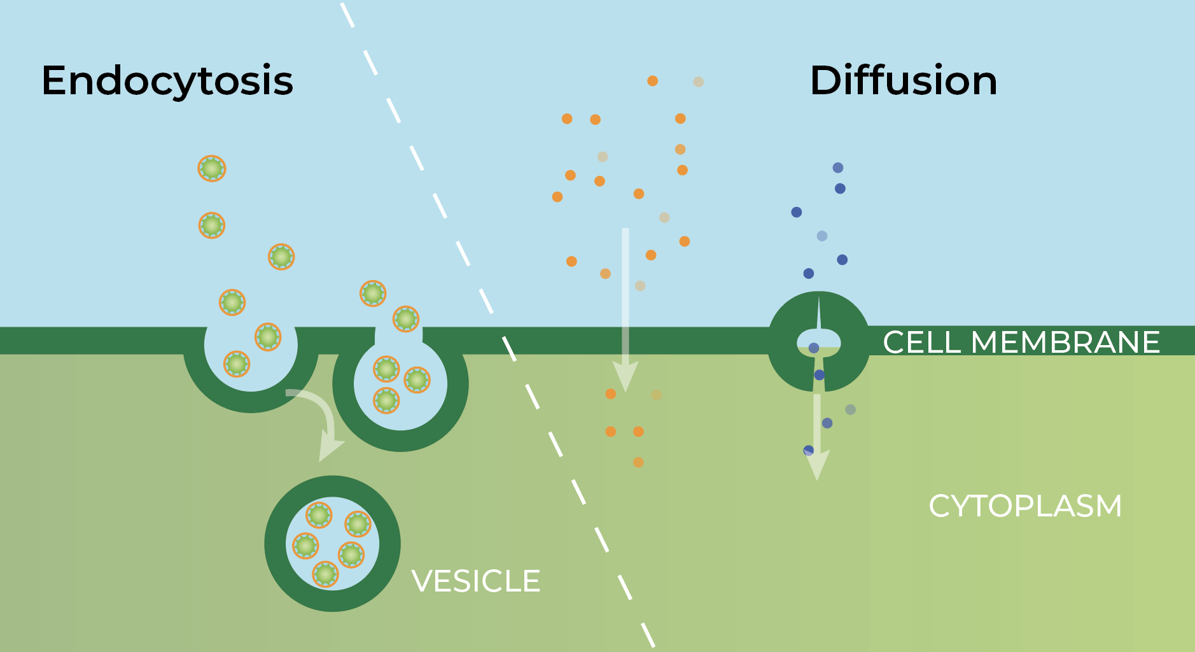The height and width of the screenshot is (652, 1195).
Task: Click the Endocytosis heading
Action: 167,81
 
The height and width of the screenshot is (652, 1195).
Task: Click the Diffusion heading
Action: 903,81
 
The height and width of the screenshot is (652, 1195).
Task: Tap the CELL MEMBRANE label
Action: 1021,342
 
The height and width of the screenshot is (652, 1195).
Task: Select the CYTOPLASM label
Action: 1024,506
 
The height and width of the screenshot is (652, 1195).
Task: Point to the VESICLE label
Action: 476,581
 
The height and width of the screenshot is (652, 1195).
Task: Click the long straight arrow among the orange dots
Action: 625,306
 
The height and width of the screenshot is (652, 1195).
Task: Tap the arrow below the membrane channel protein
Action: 817,439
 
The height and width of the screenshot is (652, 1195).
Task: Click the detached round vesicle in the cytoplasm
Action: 332,543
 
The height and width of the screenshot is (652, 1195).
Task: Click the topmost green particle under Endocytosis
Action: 212,169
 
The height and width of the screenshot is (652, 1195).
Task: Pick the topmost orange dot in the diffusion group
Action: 652,81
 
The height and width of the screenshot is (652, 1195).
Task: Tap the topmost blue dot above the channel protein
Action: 838,167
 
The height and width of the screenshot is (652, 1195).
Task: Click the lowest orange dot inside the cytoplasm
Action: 638,462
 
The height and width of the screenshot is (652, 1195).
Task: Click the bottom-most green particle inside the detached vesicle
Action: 325,574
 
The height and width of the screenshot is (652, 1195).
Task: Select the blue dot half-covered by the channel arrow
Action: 808,450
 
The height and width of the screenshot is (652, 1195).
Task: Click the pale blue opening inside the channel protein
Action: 819,339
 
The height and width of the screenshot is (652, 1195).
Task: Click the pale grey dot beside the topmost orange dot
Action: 698,81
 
